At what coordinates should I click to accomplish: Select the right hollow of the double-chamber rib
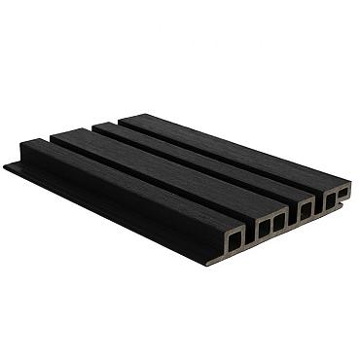pyautogui.click(x=279, y=222)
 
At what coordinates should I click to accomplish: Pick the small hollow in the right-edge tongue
pyautogui.click(x=342, y=193)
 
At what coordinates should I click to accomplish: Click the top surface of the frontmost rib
pyautogui.click(x=126, y=184)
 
